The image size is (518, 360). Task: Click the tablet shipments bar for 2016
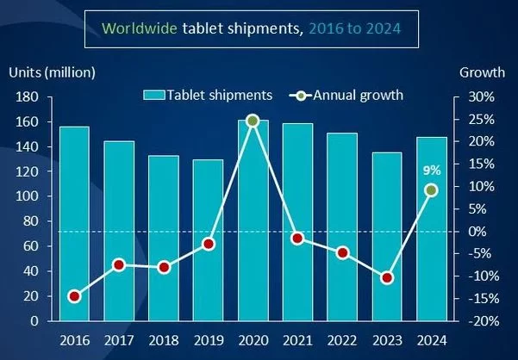pyautogui.click(x=74, y=223)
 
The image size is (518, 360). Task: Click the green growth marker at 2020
pyautogui.click(x=253, y=121)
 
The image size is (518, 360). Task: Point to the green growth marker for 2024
pyautogui.click(x=432, y=190)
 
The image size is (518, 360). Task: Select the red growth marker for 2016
pyautogui.click(x=74, y=296)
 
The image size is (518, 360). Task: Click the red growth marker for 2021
pyautogui.click(x=297, y=238)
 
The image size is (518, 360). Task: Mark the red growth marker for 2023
pyautogui.click(x=387, y=278)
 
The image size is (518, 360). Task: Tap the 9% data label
pyautogui.click(x=432, y=170)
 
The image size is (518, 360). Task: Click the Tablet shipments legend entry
pyautogui.click(x=209, y=95)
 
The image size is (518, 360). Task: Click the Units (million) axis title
pyautogui.click(x=53, y=71)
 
